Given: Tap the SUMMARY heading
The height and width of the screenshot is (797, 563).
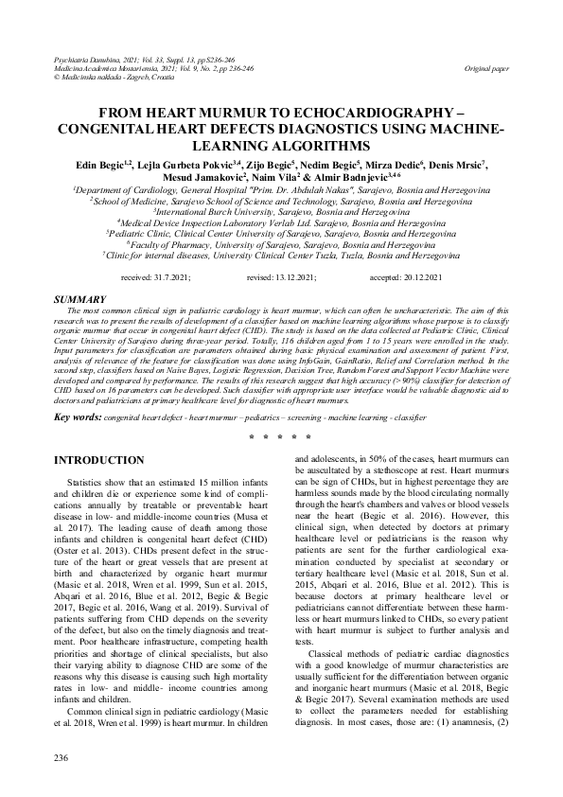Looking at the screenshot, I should point(79,298).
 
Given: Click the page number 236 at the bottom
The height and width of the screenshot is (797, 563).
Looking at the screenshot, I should point(62,758).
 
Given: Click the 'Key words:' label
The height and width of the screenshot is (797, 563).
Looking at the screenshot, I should point(78,417).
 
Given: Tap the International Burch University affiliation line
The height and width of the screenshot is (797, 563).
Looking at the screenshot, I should point(280,212).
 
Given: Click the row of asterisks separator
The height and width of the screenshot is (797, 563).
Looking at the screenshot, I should point(281,438).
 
